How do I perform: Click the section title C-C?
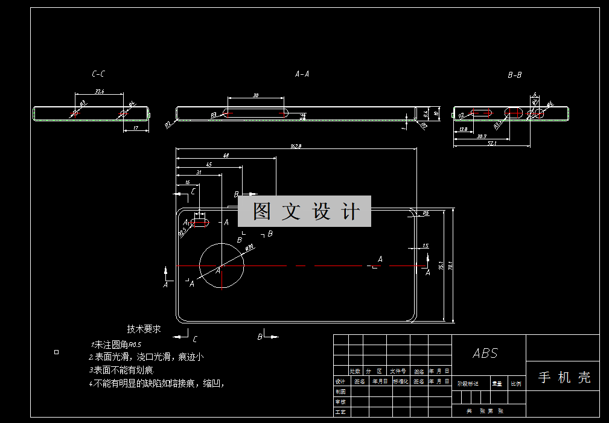(x=98, y=74)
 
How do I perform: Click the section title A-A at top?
(x=302, y=74)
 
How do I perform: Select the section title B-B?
(x=515, y=75)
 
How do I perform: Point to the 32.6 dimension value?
(x=100, y=91)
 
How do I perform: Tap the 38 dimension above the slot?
(x=255, y=95)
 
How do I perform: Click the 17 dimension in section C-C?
(x=136, y=128)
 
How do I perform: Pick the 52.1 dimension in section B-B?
(x=492, y=144)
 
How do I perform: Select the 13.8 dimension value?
(x=463, y=129)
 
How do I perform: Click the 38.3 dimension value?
(x=482, y=136)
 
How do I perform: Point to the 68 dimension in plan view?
(x=226, y=156)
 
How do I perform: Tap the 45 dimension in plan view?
(x=209, y=164)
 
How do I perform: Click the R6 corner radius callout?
(x=426, y=213)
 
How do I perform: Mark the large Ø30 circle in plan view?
(x=222, y=266)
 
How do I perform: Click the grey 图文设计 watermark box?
(x=304, y=211)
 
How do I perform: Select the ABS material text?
(x=485, y=354)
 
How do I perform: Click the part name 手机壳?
(x=564, y=378)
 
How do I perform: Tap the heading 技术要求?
(x=144, y=329)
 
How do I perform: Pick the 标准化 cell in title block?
(x=401, y=381)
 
